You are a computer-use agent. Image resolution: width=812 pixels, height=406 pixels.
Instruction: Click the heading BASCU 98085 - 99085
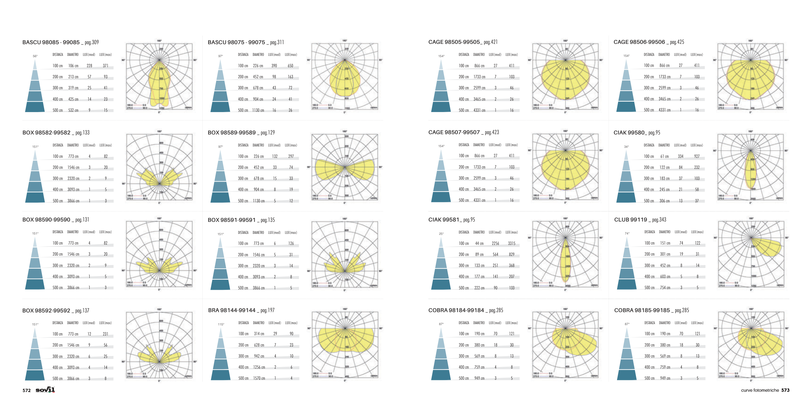pos(51,43)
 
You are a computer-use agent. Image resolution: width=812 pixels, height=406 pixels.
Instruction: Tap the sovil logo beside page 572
pos(45,390)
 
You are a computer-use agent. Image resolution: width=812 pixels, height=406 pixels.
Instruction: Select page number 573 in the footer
pos(785,390)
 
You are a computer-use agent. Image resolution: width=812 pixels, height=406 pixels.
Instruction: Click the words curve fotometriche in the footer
pos(760,390)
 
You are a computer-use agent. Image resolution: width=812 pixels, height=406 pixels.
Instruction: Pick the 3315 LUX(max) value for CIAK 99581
pos(512,244)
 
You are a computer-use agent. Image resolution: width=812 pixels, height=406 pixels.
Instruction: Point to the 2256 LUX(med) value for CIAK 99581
pos(495,244)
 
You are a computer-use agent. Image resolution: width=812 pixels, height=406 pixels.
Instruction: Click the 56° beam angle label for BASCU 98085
pos(35,56)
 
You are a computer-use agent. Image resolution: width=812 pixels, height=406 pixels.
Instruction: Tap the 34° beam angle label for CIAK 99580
pos(626,147)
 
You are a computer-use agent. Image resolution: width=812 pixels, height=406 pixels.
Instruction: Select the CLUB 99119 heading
pos(630,220)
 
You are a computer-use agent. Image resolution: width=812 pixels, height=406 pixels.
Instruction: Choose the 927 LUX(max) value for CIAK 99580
pos(697,157)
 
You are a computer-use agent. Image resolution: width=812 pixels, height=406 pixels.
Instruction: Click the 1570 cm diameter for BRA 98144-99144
pos(259,378)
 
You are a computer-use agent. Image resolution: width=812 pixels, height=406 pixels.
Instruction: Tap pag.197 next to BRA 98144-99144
pos(267,311)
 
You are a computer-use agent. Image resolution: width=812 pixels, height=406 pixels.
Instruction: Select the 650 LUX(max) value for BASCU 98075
pos(290,66)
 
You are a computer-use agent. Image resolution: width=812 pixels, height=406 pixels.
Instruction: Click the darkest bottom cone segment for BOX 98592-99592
pos(35,375)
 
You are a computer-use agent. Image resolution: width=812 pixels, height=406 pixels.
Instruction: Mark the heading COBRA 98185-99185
pos(642,311)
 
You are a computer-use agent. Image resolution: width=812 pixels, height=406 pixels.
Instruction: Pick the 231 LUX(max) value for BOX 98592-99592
pos(105,334)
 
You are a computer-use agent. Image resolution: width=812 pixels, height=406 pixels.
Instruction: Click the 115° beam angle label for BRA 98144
pos(221,324)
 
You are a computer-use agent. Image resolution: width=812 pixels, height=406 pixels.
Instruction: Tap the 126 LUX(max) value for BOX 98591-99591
pos(291,244)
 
